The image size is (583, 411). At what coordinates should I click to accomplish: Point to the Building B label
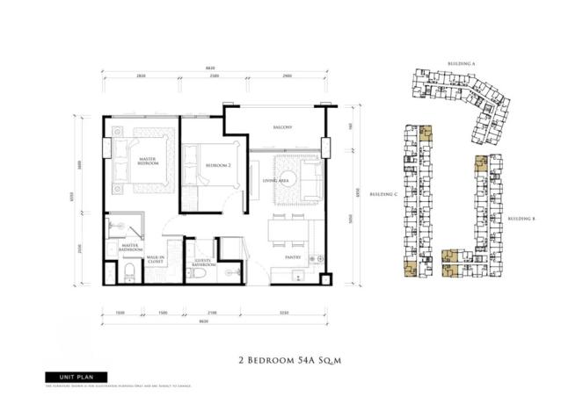pyautogui.click(x=522, y=218)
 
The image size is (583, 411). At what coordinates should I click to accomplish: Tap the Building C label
pyautogui.click(x=383, y=194)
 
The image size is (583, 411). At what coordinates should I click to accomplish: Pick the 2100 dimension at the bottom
pyautogui.click(x=212, y=311)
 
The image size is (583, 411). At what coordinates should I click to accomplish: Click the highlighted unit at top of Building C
pyautogui.click(x=426, y=134)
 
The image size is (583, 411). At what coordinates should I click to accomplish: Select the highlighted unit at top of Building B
pyautogui.click(x=480, y=163)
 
